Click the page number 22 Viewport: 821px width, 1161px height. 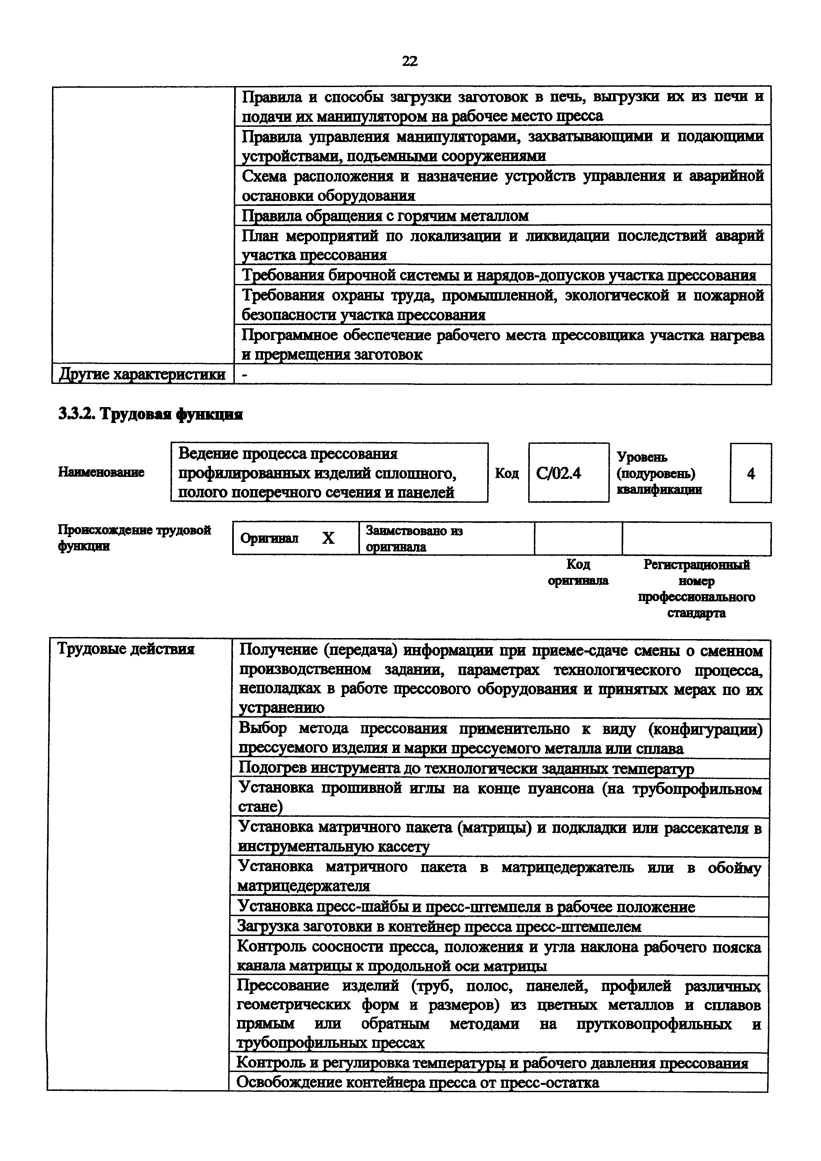tap(410, 61)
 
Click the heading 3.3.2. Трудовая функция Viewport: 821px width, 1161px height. tap(150, 415)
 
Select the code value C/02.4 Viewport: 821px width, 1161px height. tap(558, 473)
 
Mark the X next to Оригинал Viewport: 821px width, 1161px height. tap(328, 538)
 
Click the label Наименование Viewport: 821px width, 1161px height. tap(101, 472)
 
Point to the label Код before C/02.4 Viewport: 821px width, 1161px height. tap(507, 473)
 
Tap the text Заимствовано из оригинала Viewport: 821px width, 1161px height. tap(414, 538)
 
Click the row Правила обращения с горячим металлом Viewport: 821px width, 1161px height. tap(385, 216)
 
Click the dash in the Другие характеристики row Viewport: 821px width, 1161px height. tap(246, 375)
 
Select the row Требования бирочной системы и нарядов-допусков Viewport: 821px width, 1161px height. tap(499, 276)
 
